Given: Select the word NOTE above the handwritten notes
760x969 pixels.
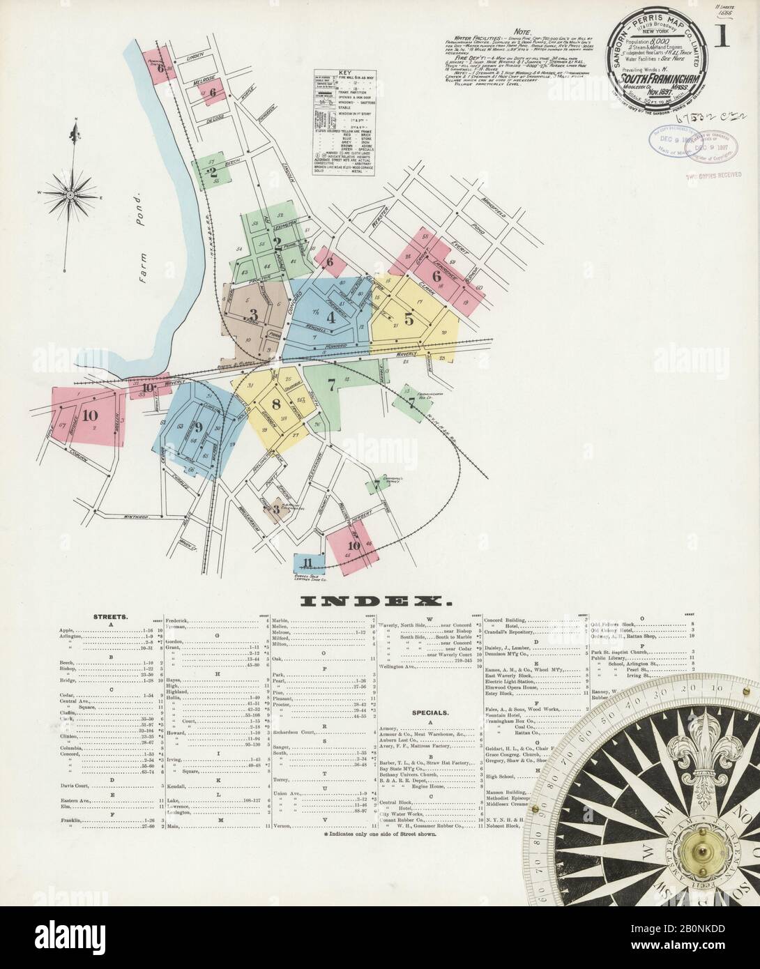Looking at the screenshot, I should click(522, 33).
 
